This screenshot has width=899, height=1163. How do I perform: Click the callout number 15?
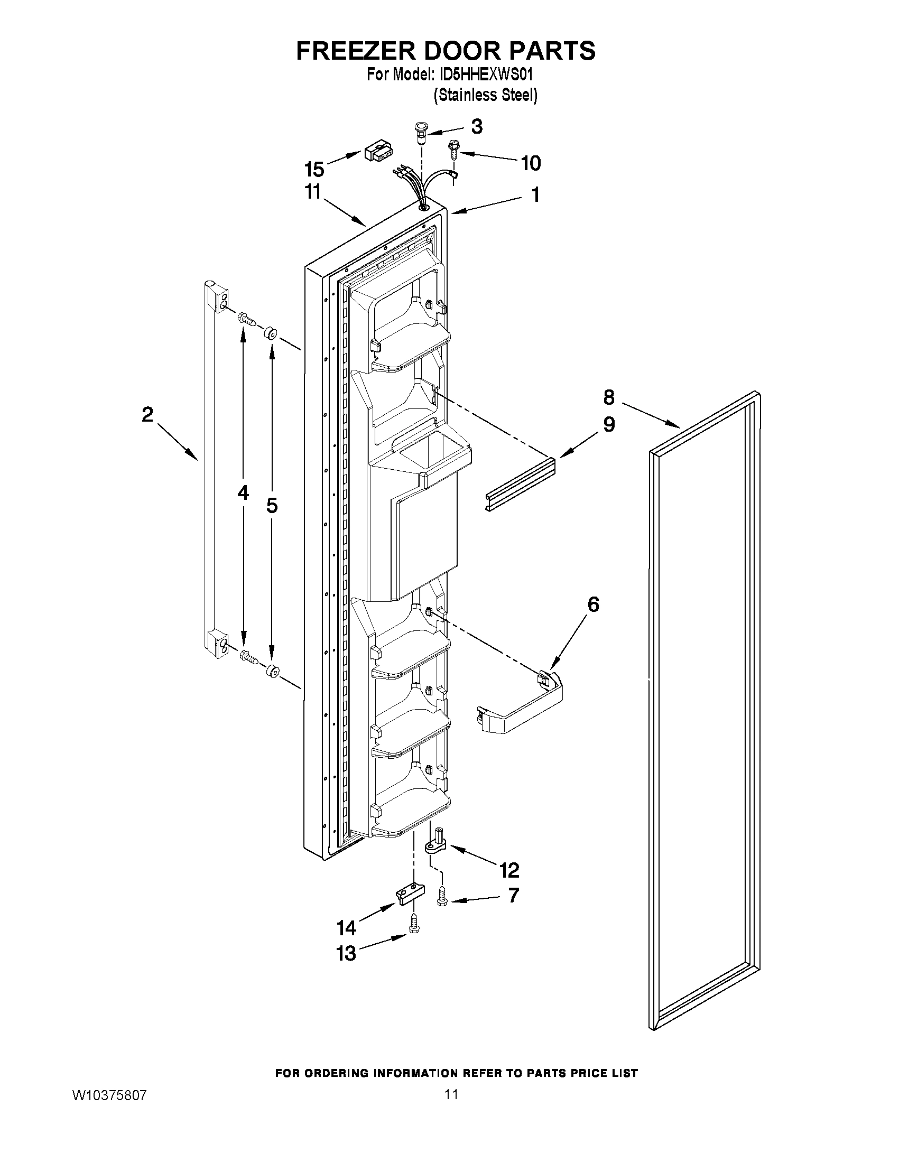pos(314,169)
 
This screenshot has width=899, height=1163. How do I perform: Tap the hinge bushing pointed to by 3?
pos(421,133)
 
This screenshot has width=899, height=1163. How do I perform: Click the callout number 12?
pos(509,870)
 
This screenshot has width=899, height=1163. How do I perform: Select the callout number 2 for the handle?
pos(147,414)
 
